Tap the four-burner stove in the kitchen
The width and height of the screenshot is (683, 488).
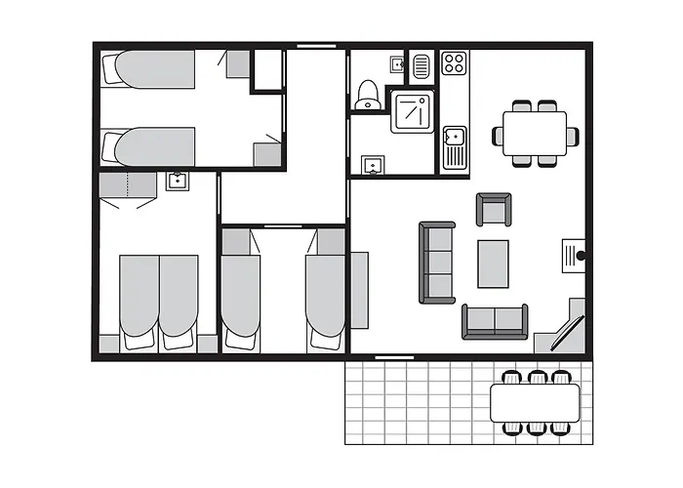454,63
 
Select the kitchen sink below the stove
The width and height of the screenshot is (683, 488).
454,147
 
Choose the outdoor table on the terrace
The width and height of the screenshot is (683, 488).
535,400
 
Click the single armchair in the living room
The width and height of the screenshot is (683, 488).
493,210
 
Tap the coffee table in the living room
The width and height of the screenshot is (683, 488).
493,264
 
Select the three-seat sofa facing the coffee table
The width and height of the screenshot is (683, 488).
437,262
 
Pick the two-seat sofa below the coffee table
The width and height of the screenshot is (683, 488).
495,320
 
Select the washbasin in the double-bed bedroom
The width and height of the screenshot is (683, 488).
177,181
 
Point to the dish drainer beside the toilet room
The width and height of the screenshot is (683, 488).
421,66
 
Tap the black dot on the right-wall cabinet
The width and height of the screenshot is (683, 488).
580,256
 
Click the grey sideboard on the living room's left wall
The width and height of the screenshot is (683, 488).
359,290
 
